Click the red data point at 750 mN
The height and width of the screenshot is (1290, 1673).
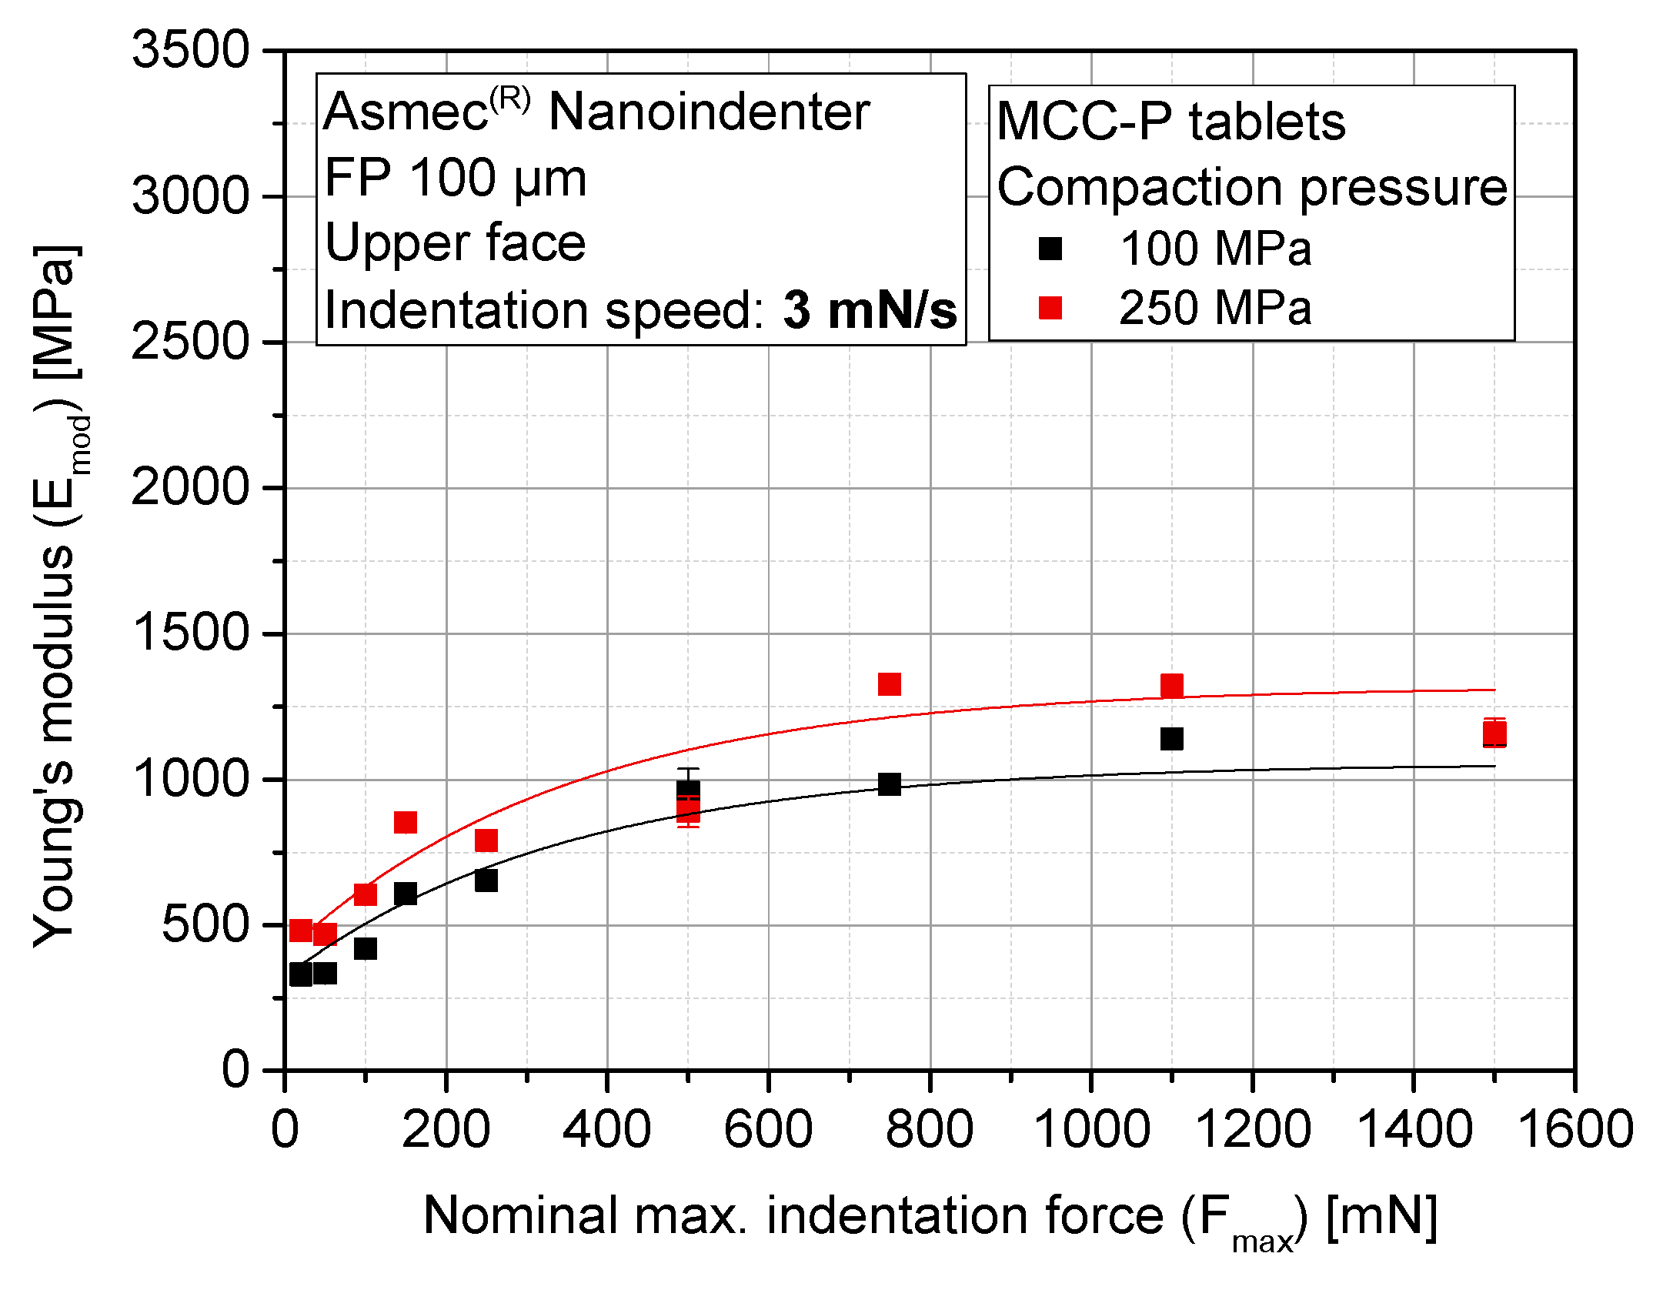pyautogui.click(x=889, y=684)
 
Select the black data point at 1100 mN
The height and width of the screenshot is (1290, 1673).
pyautogui.click(x=1171, y=739)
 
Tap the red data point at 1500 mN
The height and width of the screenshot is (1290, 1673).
pyautogui.click(x=1494, y=733)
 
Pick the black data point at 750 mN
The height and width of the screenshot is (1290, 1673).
pyautogui.click(x=889, y=784)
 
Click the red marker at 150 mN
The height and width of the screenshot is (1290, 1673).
pyautogui.click(x=406, y=822)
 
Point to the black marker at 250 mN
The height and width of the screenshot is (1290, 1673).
pyautogui.click(x=486, y=881)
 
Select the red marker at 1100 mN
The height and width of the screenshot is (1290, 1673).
pyautogui.click(x=1171, y=685)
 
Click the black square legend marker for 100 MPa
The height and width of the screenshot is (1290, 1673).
pyautogui.click(x=1050, y=249)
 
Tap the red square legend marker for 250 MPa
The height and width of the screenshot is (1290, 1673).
pyautogui.click(x=1050, y=308)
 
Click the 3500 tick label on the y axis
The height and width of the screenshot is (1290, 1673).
pyautogui.click(x=190, y=50)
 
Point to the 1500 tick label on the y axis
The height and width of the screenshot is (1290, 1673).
pyautogui.click(x=190, y=633)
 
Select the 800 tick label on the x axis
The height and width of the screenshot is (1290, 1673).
pyautogui.click(x=929, y=1130)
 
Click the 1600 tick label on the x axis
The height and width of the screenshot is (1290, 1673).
pyautogui.click(x=1574, y=1130)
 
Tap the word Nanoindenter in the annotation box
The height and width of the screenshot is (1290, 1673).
pyautogui.click(x=708, y=112)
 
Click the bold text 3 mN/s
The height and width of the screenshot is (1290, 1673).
pyautogui.click(x=870, y=310)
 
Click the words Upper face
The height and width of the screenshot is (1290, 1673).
pyautogui.click(x=455, y=243)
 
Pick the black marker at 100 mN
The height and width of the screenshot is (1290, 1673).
pyautogui.click(x=366, y=948)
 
